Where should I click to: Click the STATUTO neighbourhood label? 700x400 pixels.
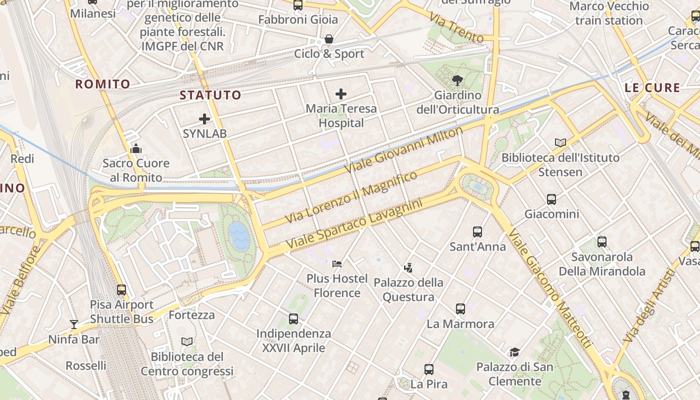(210, 95)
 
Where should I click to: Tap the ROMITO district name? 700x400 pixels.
(102, 84)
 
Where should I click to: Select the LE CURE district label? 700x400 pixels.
(652, 88)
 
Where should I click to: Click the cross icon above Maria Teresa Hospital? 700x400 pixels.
(341, 94)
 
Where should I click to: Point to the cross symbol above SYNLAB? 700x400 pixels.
(204, 119)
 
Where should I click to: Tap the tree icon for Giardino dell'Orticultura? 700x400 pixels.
(457, 80)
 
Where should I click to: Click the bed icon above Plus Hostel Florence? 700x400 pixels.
(337, 264)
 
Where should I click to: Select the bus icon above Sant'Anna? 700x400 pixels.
(477, 232)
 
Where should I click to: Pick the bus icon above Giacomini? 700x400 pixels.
(551, 199)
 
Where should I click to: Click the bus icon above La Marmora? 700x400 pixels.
(460, 309)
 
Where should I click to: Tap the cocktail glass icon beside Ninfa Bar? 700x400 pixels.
(74, 324)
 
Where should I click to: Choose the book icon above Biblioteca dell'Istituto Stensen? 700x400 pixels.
(560, 143)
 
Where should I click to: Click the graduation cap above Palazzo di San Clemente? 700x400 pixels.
(514, 352)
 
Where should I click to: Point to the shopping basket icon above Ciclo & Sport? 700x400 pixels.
(329, 39)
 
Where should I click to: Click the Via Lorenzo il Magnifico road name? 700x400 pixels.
(351, 197)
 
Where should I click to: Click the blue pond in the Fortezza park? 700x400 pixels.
(239, 236)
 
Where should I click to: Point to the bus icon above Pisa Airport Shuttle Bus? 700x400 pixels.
(121, 290)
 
